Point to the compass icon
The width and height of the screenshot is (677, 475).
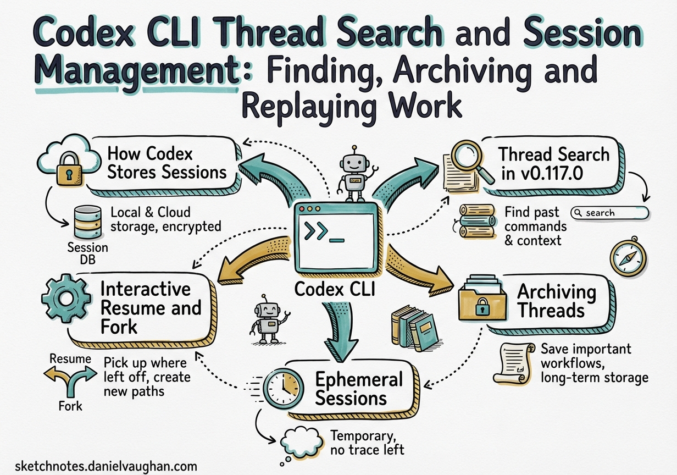pos(628,258)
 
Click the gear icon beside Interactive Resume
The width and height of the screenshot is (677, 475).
pos(65,299)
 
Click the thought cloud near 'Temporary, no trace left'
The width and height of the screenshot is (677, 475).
pos(301,439)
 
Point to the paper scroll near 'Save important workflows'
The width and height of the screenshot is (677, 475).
pos(513,362)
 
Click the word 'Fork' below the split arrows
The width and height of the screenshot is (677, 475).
pos(70,406)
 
